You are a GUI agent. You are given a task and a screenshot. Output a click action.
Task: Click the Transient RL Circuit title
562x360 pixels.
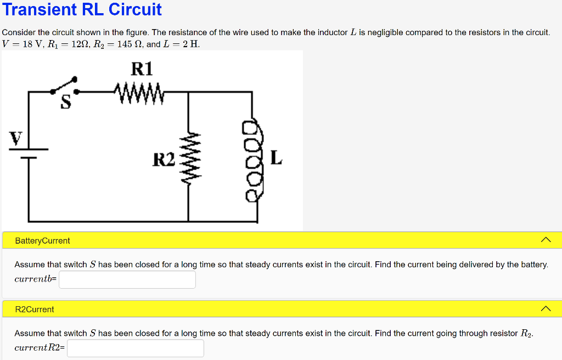click(x=82, y=9)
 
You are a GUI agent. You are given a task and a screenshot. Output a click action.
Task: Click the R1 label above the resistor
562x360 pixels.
click(x=142, y=69)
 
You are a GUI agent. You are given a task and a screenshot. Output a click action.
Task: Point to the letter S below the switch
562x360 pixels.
click(x=66, y=103)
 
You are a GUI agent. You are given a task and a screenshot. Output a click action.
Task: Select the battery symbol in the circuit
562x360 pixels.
click(x=29, y=153)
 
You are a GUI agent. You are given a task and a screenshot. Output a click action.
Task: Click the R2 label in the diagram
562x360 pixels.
click(x=164, y=160)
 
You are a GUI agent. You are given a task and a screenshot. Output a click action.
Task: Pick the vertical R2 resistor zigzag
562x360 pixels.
click(x=189, y=159)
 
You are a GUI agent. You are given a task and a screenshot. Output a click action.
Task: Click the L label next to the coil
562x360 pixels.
click(x=276, y=159)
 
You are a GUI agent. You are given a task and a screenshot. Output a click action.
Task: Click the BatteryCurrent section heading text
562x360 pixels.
click(x=42, y=240)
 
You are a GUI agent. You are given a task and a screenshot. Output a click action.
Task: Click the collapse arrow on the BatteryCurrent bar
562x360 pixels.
click(x=545, y=240)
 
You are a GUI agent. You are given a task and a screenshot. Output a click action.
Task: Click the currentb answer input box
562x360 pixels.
click(x=127, y=279)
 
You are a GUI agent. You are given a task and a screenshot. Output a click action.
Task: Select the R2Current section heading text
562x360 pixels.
click(x=35, y=309)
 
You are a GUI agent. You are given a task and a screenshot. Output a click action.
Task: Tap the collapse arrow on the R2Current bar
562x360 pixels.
click(x=545, y=308)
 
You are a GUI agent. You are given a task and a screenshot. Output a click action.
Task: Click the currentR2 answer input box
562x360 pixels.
click(x=135, y=348)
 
